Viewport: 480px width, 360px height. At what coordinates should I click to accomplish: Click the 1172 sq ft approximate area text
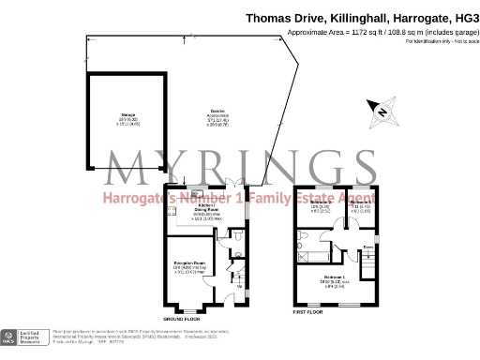coord(357,31)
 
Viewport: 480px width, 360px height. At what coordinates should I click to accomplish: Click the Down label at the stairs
coord(369,247)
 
